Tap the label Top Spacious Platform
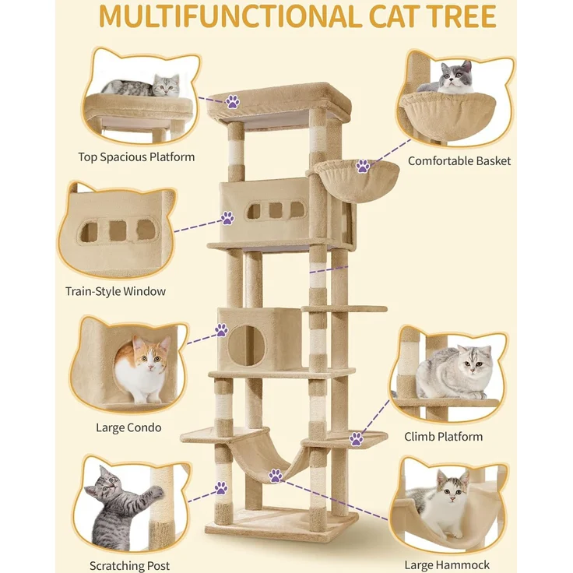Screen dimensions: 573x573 pyautogui.click(x=136, y=157)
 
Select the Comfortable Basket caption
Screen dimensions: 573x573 pyautogui.click(x=459, y=161)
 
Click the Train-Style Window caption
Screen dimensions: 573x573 pyautogui.click(x=115, y=291)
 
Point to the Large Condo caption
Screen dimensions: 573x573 pyautogui.click(x=128, y=427)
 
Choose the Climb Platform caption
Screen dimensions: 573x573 pyautogui.click(x=443, y=436)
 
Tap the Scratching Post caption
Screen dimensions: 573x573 pyautogui.click(x=130, y=566)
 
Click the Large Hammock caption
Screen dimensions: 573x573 pyautogui.click(x=447, y=565)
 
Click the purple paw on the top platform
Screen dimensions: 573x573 pyautogui.click(x=233, y=101)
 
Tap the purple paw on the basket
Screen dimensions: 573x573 pyautogui.click(x=363, y=166)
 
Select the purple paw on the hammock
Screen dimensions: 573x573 pyautogui.click(x=276, y=476)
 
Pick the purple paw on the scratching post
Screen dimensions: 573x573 pyautogui.click(x=221, y=488)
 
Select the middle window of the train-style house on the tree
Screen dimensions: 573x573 pyautogui.click(x=276, y=210)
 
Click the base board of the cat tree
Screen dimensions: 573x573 pyautogui.click(x=281, y=525)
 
